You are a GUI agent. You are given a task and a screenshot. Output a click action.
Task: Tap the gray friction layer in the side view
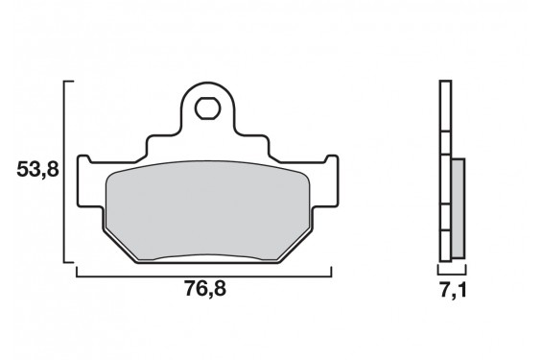(x=457, y=206)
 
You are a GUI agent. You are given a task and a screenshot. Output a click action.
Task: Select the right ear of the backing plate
(x=328, y=178)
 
